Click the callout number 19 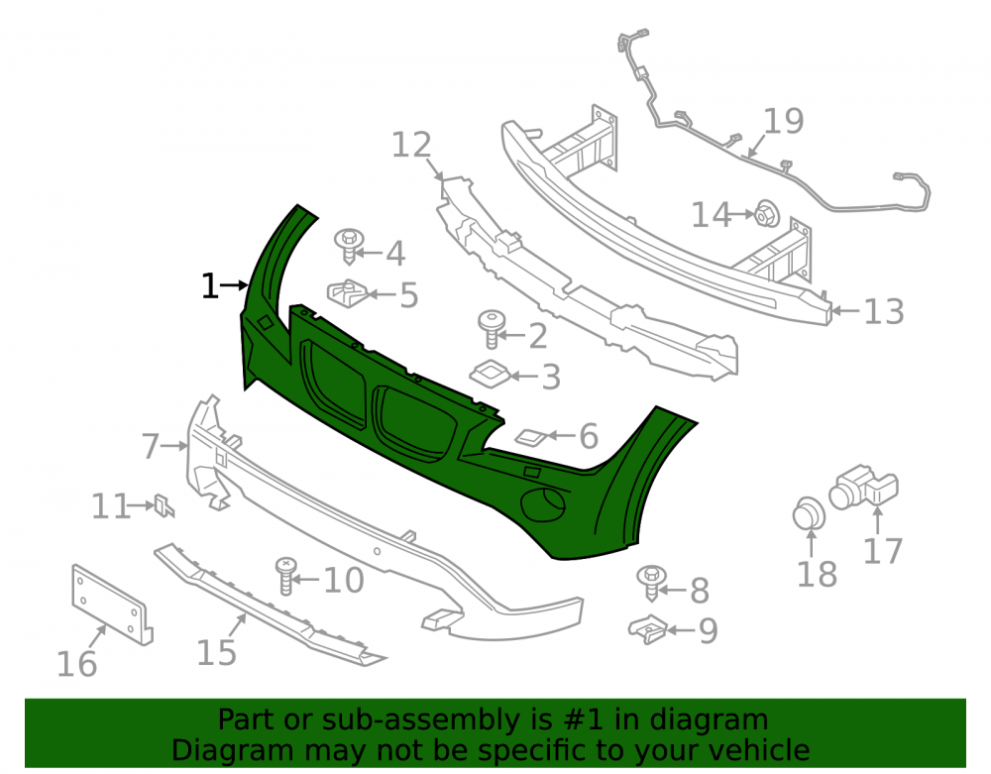click(783, 121)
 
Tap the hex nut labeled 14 click(767, 214)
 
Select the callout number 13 click(884, 311)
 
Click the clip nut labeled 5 click(347, 293)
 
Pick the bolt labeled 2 click(493, 329)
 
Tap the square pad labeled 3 click(490, 374)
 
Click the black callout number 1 click(209, 286)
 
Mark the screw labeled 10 click(286, 576)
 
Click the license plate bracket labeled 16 click(113, 605)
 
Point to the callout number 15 click(216, 652)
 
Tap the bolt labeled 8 click(652, 583)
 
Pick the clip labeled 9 click(648, 629)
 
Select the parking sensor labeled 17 click(863, 488)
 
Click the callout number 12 click(411, 145)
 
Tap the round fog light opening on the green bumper click(542, 504)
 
